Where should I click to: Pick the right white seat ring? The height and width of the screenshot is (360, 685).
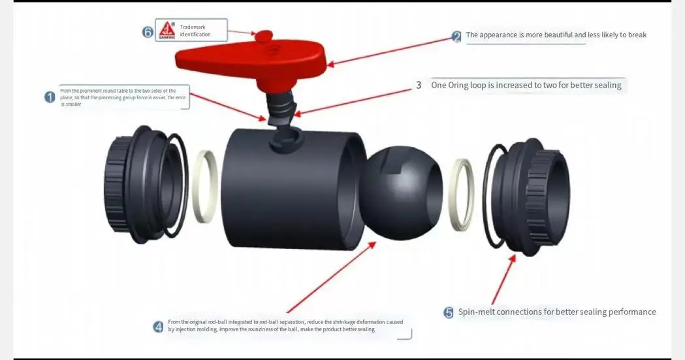click(463, 193)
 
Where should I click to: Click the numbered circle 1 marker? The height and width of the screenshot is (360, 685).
click(50, 97)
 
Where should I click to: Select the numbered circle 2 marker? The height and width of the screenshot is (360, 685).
click(456, 37)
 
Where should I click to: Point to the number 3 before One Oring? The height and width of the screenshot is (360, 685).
click(419, 86)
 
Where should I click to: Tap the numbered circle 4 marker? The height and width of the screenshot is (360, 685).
click(158, 327)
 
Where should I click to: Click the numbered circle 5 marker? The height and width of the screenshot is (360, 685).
click(449, 313)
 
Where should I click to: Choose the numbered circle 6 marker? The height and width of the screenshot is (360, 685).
click(148, 31)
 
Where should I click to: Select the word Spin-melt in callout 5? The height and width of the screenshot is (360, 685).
click(476, 312)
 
